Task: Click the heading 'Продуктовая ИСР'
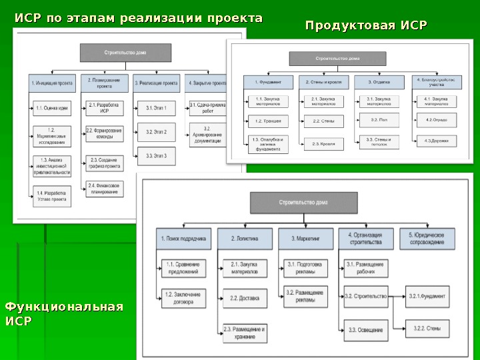tap(365, 26)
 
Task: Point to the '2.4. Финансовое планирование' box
tap(104, 189)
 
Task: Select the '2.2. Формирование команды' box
tap(104, 133)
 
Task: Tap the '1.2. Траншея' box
tap(267, 121)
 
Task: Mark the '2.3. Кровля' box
tap(323, 143)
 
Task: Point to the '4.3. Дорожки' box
tap(435, 141)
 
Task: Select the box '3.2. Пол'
tap(379, 121)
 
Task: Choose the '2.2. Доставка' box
tap(244, 298)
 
